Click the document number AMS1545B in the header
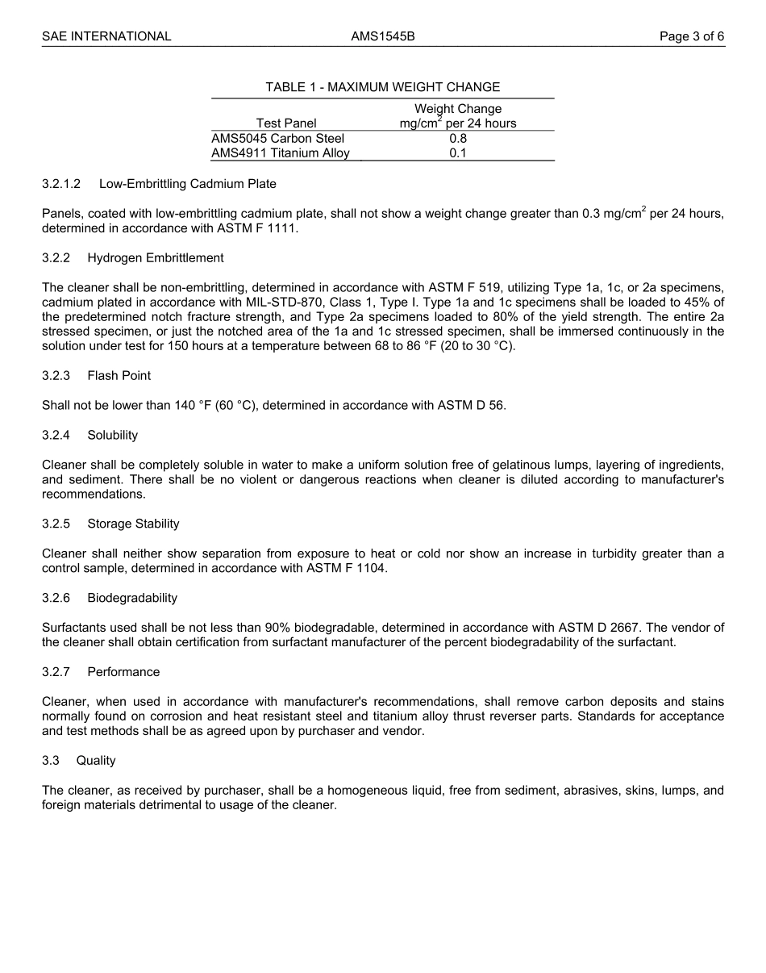[383, 36]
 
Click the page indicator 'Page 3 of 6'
[691, 36]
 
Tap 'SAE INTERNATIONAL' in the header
[106, 36]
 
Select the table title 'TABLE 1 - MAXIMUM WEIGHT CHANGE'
[383, 87]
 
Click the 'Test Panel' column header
[286, 123]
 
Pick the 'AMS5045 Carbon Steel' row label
[277, 138]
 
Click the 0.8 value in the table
[458, 138]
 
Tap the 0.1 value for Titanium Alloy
[458, 152]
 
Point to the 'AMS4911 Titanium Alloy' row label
[281, 152]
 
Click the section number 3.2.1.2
[61, 184]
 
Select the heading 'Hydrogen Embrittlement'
[156, 258]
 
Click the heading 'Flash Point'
[119, 376]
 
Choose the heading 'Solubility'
[113, 436]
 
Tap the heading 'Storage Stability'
[133, 524]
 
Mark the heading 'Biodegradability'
[132, 598]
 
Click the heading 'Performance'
[123, 672]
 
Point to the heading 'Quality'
[96, 761]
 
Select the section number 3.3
[51, 761]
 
